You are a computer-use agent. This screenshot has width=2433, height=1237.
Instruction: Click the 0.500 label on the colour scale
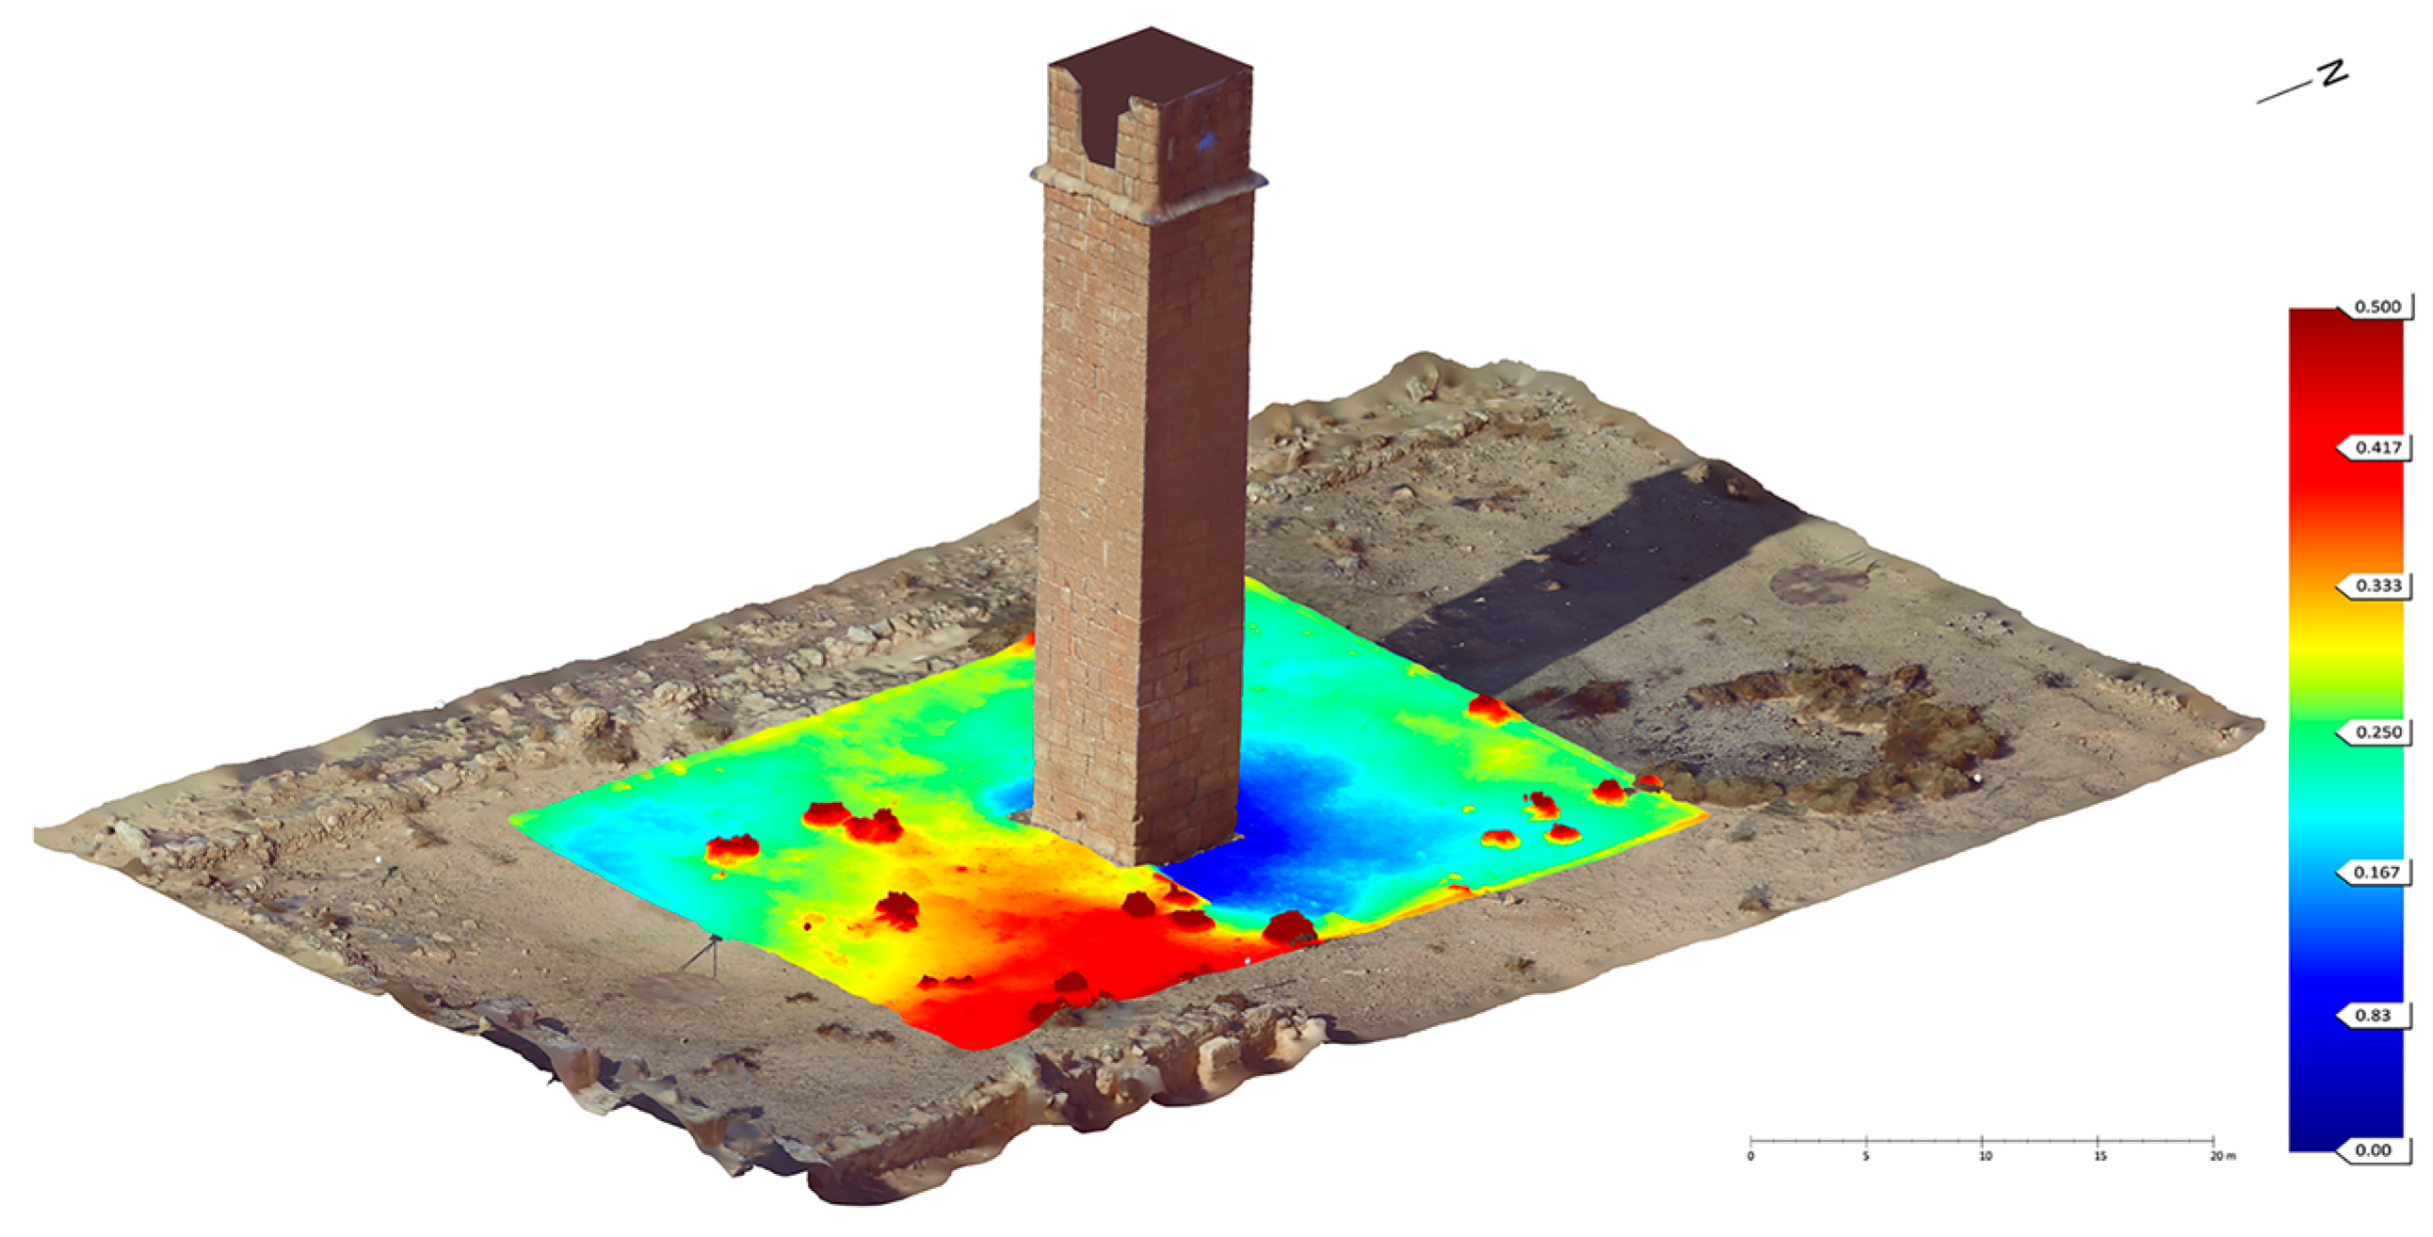[2377, 307]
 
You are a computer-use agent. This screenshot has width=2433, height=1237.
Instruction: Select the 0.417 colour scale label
[2377, 447]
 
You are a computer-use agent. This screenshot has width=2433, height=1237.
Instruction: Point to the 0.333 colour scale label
[2377, 586]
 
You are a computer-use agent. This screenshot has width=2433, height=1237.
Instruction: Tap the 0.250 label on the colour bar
[2377, 731]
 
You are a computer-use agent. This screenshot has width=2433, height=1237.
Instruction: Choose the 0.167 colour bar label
[2377, 873]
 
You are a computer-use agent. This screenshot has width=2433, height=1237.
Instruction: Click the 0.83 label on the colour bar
[2373, 1015]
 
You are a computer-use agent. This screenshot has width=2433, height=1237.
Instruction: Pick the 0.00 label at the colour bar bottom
[2373, 1150]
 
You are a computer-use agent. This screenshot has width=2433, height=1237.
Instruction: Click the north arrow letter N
[2333, 73]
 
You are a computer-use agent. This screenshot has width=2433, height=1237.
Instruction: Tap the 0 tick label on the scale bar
[1751, 1156]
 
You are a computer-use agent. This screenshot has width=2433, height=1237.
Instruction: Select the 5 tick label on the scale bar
[1866, 1156]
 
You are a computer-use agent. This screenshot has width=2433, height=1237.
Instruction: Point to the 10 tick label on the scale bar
[1985, 1156]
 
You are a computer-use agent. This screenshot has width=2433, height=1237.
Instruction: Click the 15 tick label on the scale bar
[2100, 1156]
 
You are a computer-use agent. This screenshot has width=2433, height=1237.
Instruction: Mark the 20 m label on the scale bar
[2221, 1156]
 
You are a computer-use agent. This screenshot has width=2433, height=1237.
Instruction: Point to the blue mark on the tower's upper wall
[1204, 141]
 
